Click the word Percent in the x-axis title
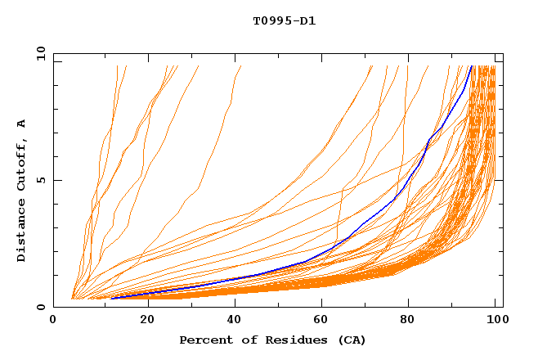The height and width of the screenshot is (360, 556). (204, 340)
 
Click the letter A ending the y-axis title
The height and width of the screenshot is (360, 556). (22, 124)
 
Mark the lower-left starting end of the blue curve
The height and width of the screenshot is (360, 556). (111, 299)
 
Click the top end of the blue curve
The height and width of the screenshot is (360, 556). (472, 66)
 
